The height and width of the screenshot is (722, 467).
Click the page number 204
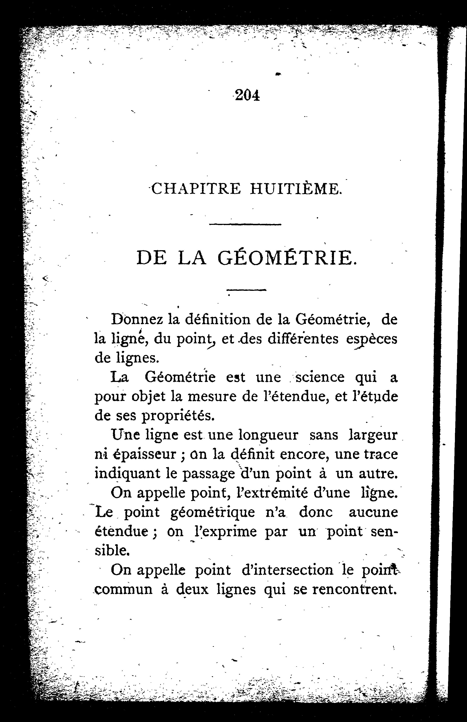click(x=247, y=95)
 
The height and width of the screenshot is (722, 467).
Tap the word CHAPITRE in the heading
click(x=196, y=189)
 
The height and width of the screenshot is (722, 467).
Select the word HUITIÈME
click(x=296, y=189)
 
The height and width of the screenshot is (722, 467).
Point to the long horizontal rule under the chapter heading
click(x=245, y=224)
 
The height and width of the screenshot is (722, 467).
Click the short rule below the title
click(x=246, y=290)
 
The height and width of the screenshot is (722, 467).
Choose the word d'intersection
click(x=287, y=570)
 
